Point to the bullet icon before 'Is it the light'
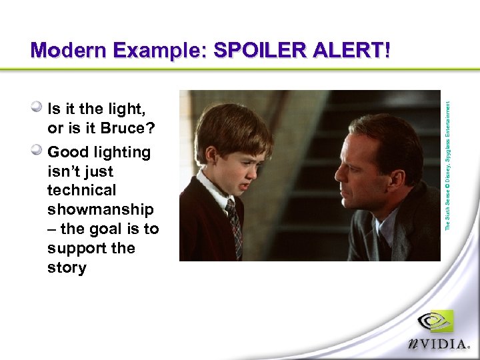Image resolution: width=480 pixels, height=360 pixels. [38, 107]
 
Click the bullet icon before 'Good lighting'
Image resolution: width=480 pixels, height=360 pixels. [38, 151]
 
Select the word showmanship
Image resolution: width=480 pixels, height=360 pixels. [100, 209]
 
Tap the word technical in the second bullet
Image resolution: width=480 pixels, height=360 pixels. [81, 190]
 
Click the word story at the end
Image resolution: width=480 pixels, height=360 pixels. [67, 267]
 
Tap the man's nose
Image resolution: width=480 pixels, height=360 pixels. [339, 175]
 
